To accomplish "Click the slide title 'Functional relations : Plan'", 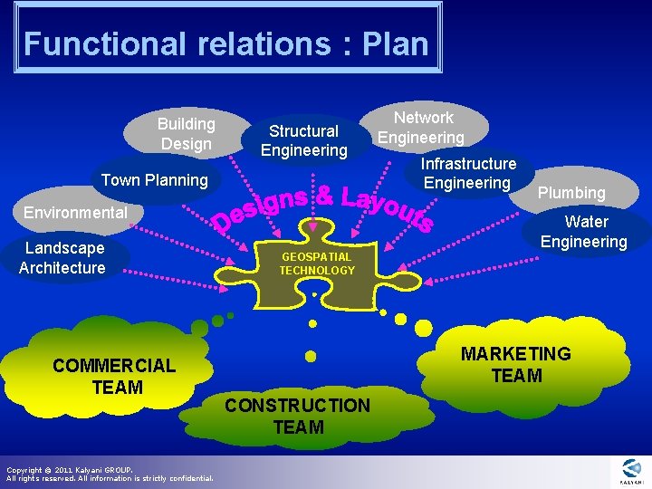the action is tap(225, 43).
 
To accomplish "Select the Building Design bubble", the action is tap(186, 133).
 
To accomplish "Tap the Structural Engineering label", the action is tap(303, 139).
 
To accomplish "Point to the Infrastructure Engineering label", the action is tap(468, 173).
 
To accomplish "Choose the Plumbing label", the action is tap(570, 192).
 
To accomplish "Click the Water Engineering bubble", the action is tap(584, 231).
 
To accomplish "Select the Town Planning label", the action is tap(154, 179).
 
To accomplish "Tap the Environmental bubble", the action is tap(75, 213).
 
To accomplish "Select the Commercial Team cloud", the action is tap(114, 376).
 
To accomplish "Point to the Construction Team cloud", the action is tap(297, 417).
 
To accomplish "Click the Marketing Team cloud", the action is tap(515, 364).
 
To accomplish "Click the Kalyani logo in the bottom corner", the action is tap(630, 471).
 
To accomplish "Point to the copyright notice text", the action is tap(109, 474).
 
